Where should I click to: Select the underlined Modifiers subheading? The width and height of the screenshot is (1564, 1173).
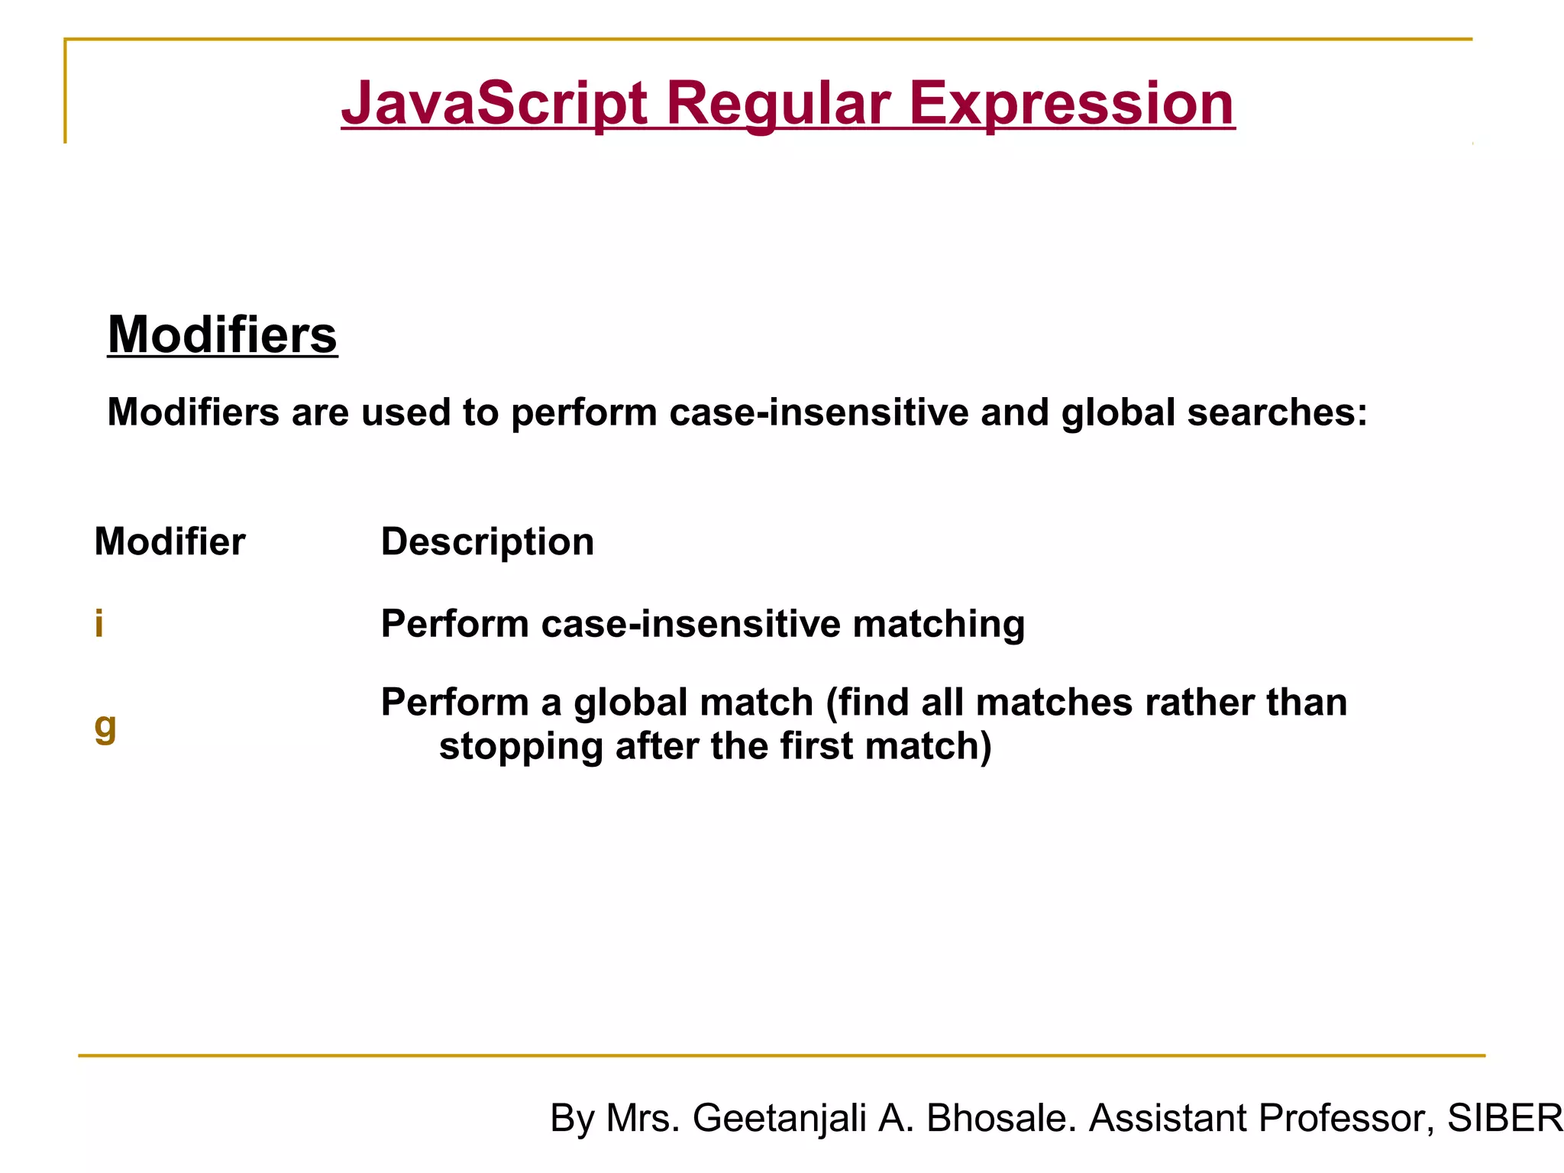pos(222,334)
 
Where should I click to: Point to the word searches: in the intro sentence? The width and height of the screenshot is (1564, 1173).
pos(1277,412)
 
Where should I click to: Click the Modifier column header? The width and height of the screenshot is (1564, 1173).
pos(170,541)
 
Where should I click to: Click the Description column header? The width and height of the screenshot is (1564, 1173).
pos(487,541)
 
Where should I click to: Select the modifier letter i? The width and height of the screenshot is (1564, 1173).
pos(99,623)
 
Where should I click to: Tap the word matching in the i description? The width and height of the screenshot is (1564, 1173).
pos(939,623)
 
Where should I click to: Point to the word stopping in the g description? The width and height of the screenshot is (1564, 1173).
pos(521,745)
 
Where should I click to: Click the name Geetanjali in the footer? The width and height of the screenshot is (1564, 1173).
pos(779,1118)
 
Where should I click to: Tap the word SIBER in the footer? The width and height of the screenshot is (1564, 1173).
pos(1504,1118)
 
